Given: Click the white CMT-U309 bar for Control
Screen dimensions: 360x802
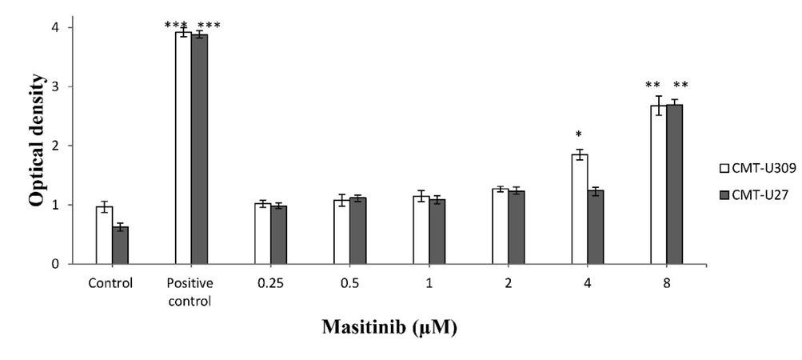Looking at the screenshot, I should point(104,235).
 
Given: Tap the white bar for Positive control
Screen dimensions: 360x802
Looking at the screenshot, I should point(183,148).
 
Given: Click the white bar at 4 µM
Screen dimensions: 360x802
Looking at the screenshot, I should point(580,209).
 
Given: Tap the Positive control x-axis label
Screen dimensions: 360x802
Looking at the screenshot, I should point(191,289).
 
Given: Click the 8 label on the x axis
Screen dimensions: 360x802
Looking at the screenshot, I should point(666,282).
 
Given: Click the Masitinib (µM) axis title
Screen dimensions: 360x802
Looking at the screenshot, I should point(389,328).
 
